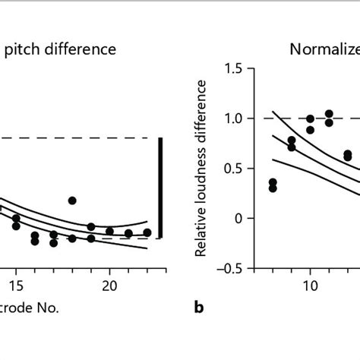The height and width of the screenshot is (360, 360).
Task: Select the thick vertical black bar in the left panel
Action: click(x=160, y=188)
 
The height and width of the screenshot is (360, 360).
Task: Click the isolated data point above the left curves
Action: click(x=72, y=201)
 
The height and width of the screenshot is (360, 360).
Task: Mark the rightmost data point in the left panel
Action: click(x=147, y=232)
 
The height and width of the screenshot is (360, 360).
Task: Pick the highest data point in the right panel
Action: click(x=329, y=114)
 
